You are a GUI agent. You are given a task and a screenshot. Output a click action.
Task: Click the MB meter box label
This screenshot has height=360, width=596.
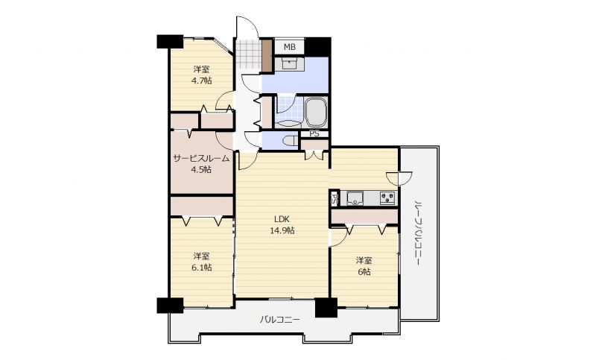click(x=290, y=47)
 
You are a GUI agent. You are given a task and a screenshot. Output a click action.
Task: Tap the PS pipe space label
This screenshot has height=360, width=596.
click(x=314, y=134)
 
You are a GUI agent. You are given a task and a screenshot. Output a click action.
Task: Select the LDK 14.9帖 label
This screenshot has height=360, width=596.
click(x=282, y=224)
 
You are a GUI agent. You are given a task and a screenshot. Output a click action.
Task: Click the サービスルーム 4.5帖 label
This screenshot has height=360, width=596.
click(x=201, y=164)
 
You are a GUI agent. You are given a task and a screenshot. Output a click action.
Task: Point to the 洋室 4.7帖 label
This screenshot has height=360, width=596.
click(x=201, y=75)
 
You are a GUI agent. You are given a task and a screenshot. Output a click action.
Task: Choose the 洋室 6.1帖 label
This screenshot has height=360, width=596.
click(x=201, y=262)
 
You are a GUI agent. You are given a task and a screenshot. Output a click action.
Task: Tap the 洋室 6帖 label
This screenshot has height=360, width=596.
click(x=364, y=266)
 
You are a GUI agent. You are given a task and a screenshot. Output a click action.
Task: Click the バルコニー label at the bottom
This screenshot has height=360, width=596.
click(x=280, y=320)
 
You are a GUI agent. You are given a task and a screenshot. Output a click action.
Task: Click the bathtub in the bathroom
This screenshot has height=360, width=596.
click(x=315, y=113)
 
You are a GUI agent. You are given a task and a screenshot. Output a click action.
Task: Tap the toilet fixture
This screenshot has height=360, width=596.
click(x=291, y=141)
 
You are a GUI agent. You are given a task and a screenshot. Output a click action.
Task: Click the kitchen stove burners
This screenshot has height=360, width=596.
click(x=387, y=198)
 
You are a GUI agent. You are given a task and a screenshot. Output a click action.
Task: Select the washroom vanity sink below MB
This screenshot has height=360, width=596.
click(x=289, y=63)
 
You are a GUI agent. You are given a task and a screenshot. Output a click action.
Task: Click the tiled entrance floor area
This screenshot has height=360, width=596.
click(x=248, y=54)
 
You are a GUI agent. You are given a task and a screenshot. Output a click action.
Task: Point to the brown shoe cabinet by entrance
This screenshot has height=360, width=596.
click(x=267, y=55)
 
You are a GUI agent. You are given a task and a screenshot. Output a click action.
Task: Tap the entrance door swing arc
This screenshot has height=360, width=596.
click(x=247, y=27)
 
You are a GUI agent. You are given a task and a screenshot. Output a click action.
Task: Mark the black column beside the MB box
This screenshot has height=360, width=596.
click(x=318, y=47)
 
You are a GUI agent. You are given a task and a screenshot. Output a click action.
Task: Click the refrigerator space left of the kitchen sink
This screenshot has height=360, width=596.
click(x=335, y=198)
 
